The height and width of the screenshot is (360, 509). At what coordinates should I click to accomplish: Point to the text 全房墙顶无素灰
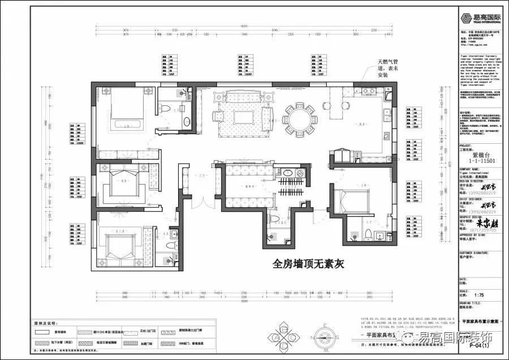[x=308, y=264]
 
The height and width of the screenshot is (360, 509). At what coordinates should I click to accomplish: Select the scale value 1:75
[x=478, y=295]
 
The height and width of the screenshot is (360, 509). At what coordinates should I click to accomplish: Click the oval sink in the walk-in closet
[x=287, y=173]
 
